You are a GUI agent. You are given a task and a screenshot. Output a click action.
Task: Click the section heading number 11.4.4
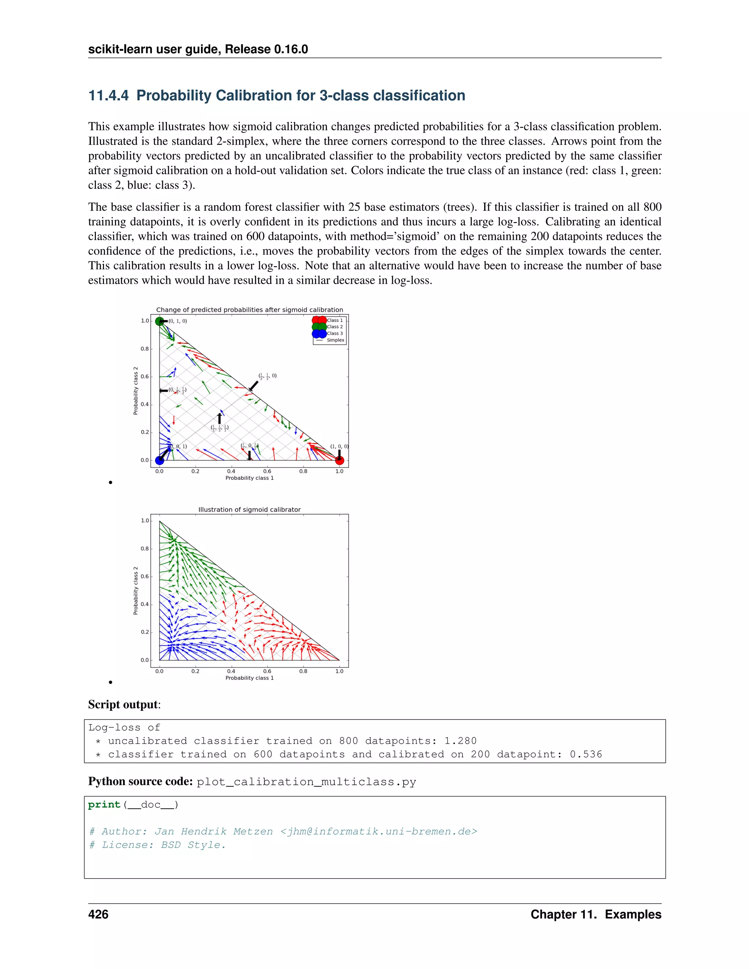[108, 96]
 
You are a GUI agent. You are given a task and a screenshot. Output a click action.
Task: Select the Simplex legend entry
[335, 340]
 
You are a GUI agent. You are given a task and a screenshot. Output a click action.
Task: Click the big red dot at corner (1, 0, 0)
[339, 460]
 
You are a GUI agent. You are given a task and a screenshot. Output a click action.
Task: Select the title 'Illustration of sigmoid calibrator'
[249, 510]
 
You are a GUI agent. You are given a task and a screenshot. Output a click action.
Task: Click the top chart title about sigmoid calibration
[249, 310]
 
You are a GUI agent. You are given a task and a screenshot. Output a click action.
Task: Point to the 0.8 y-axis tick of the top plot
[145, 348]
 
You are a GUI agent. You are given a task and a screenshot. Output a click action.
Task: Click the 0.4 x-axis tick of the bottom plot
[231, 671]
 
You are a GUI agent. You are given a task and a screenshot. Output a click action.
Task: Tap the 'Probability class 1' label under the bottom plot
[249, 678]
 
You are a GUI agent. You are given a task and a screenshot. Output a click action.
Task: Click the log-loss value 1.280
[460, 741]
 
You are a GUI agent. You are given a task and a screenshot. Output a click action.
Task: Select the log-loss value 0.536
[586, 754]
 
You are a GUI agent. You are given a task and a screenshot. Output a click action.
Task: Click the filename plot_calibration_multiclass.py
[306, 782]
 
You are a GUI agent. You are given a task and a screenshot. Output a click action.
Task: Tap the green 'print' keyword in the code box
[104, 805]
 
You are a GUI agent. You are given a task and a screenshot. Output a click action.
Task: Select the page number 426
[98, 914]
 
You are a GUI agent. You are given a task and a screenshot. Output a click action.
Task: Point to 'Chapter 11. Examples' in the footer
[595, 914]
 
